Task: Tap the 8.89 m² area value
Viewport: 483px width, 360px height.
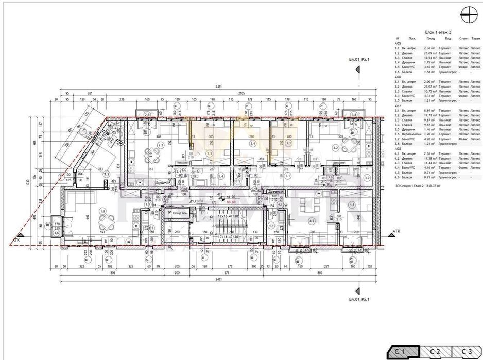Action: tap(430, 110)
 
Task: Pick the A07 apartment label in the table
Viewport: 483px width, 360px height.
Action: tap(398, 106)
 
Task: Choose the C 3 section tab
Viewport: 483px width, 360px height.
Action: tap(466, 351)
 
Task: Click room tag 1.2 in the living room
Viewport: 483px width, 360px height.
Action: tap(103, 211)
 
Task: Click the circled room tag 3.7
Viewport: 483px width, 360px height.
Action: tap(367, 177)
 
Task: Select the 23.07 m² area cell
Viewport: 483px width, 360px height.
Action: tap(430, 87)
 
